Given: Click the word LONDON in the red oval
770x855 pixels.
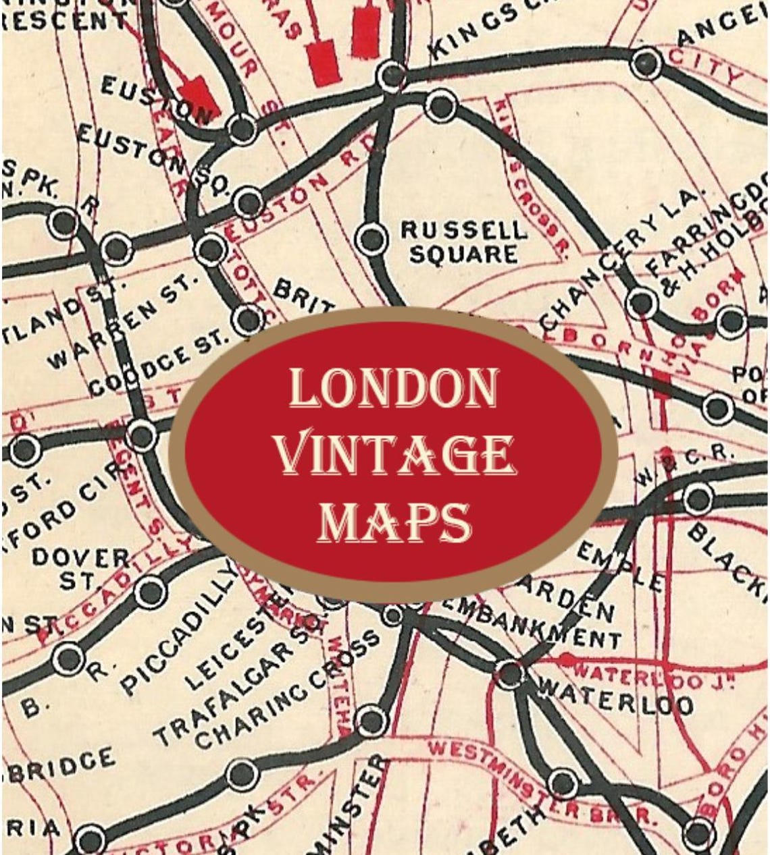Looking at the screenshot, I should click(x=393, y=390).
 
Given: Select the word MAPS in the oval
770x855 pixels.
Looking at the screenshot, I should click(x=394, y=522).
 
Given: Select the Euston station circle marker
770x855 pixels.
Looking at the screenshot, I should click(x=242, y=127).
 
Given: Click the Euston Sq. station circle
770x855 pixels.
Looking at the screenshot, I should click(x=249, y=202).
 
